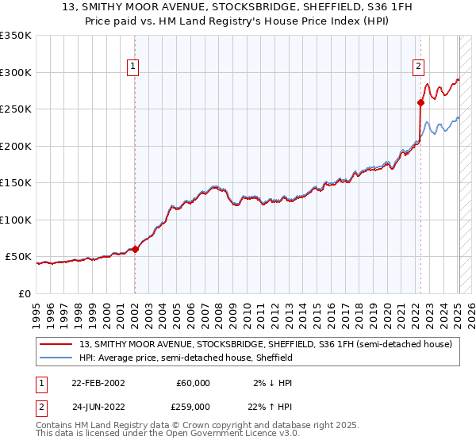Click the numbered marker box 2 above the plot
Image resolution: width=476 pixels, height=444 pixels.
pos(417,67)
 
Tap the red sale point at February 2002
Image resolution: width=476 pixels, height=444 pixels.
pos(135,249)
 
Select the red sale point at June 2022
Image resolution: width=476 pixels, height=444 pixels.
pos(420,101)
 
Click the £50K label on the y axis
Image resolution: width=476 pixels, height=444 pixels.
pos(18,257)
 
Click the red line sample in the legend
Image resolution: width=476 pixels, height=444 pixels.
pos(56,344)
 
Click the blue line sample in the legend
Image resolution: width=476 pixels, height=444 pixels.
pos(56,358)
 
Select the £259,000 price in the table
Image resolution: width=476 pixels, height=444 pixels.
pos(193,405)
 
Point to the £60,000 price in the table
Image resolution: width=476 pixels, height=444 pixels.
pos(193,383)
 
